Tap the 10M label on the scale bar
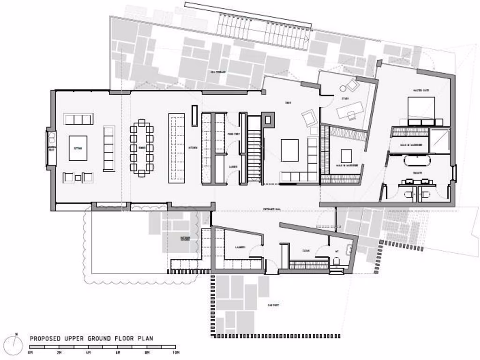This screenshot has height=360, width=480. point(174,352)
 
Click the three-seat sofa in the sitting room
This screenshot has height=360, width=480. point(78,119)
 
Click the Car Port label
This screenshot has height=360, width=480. point(273,305)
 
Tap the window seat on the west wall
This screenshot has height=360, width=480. point(51,148)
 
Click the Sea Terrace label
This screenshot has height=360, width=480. point(218,72)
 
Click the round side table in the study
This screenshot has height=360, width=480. point(343,87)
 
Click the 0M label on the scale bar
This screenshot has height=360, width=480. point(31,352)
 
